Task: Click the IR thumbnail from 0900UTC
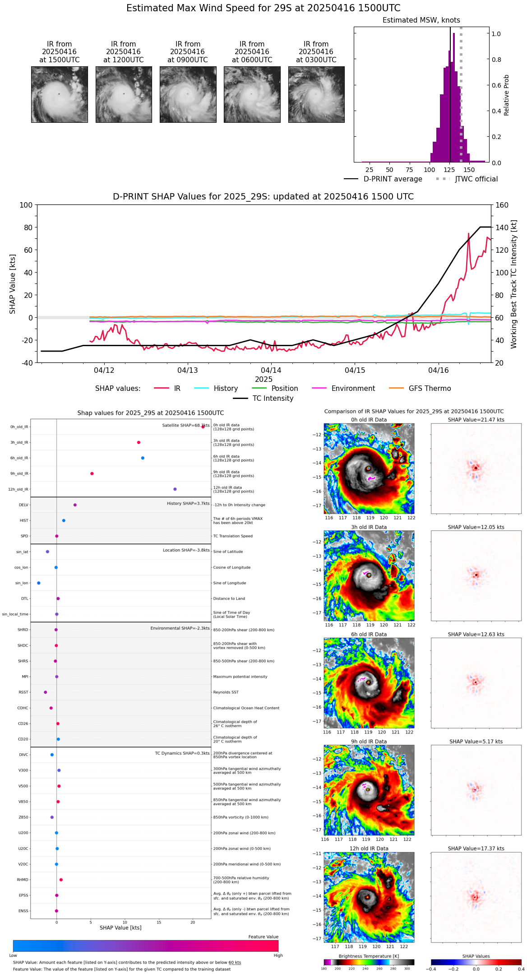(x=188, y=94)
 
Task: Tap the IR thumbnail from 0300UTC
(x=316, y=94)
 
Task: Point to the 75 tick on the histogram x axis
(x=409, y=170)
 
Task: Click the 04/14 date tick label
(x=271, y=371)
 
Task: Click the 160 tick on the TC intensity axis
(x=502, y=205)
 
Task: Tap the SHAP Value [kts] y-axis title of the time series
(x=13, y=284)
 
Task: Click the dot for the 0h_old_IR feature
(x=203, y=427)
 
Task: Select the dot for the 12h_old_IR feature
(x=175, y=489)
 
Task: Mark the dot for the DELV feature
(x=75, y=505)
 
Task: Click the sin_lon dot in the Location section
(x=39, y=583)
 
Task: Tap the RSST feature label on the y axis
(x=23, y=692)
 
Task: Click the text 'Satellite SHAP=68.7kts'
(x=185, y=426)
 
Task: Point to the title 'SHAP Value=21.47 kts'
(x=476, y=420)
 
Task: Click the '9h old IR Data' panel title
(x=369, y=742)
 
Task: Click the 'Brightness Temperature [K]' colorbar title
(x=369, y=956)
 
